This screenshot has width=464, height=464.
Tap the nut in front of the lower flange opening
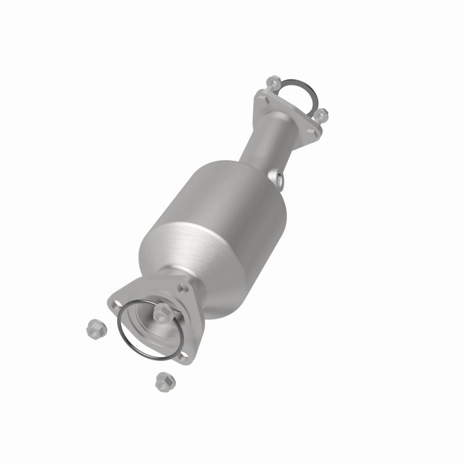click(162, 314)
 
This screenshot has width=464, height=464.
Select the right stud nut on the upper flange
click(322, 113)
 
